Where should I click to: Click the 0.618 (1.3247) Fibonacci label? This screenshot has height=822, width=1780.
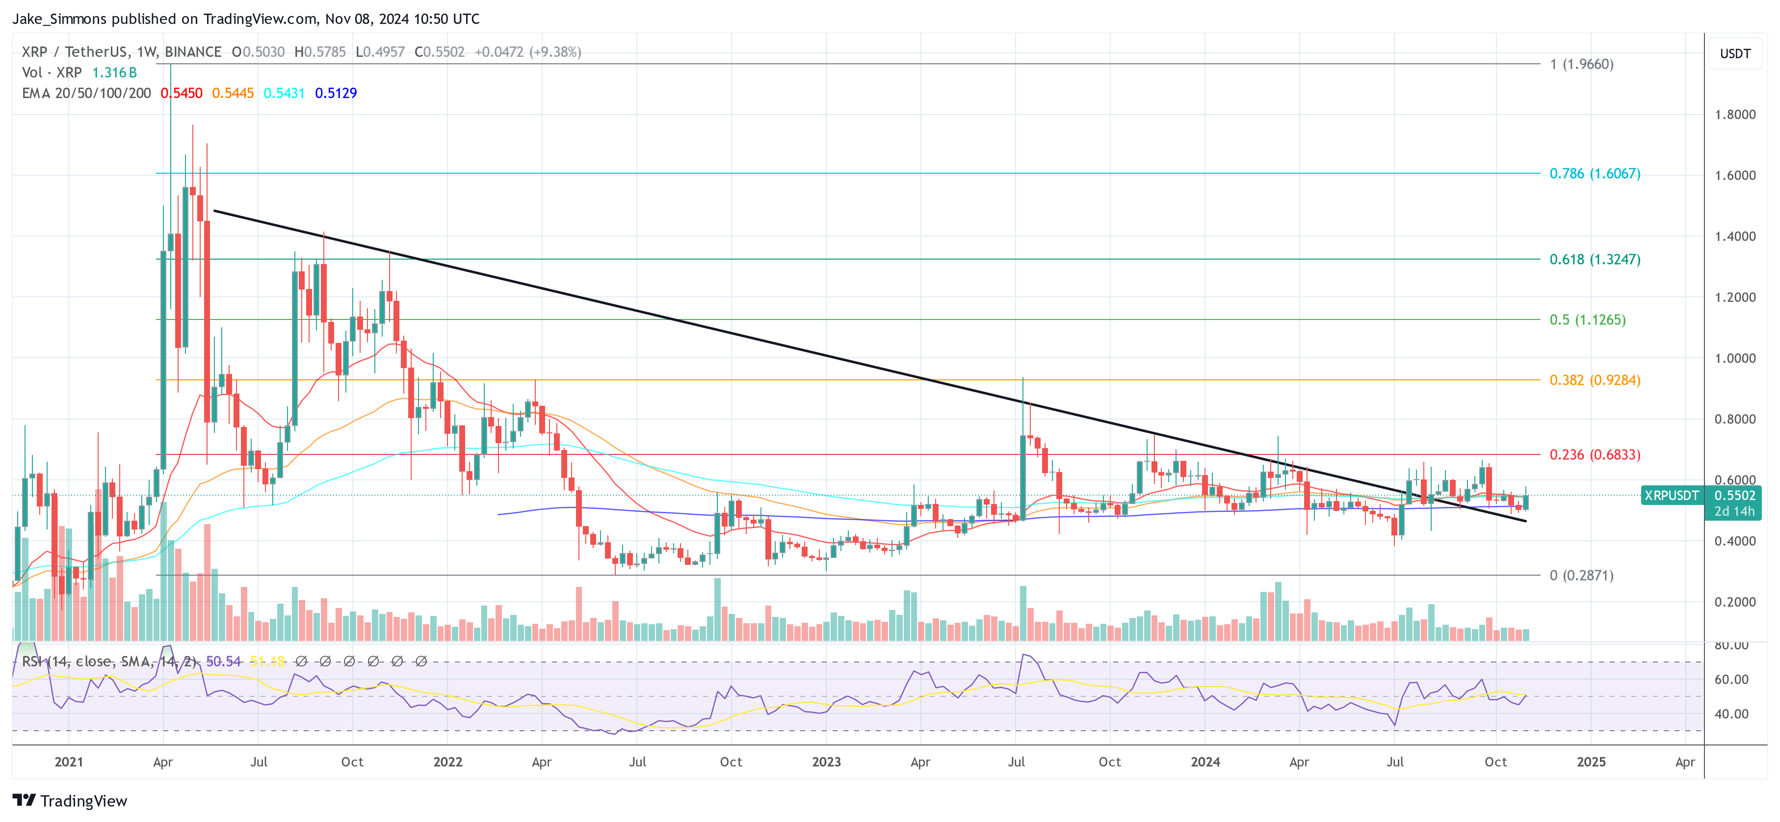1594,259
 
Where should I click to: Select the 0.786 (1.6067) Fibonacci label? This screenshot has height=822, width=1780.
1594,174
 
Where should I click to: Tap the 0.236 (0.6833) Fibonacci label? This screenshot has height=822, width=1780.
1594,454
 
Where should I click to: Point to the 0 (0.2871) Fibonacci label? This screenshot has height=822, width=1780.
1581,575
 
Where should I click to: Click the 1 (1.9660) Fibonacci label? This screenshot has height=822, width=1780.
1581,64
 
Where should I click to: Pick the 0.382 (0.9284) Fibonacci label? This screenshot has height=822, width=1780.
1594,380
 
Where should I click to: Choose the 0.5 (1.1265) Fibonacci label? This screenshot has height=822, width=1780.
1587,319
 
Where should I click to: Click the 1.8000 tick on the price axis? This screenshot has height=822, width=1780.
1734,115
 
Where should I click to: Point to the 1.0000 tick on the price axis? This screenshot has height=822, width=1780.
1734,358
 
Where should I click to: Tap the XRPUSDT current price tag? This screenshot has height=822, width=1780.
1671,495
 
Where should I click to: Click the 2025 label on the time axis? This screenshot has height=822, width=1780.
1591,762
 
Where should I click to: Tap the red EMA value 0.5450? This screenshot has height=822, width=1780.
182,93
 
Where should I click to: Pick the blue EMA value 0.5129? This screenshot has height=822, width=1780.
336,93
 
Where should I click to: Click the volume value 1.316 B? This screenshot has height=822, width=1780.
115,73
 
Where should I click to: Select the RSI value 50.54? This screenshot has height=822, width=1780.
223,662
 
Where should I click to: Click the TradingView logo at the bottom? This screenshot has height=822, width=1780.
70,800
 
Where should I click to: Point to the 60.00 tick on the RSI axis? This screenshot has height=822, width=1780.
1731,680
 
